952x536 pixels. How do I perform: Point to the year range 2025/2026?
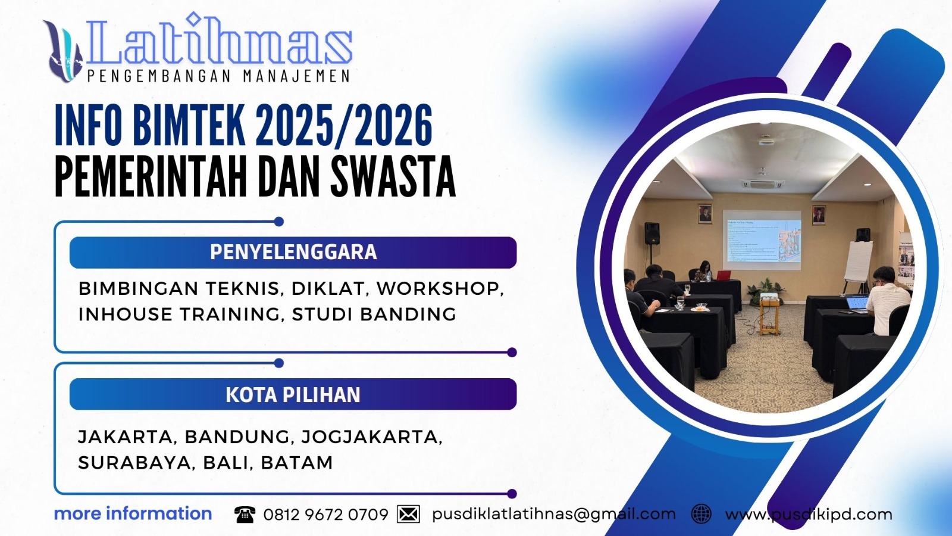(344, 125)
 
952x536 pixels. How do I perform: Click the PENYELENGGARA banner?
(293, 252)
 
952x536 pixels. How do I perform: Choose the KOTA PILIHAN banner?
(293, 394)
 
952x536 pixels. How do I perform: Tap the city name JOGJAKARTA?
(371, 437)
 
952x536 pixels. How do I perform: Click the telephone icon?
(245, 515)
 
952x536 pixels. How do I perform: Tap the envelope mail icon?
(408, 514)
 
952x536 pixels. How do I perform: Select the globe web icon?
(702, 514)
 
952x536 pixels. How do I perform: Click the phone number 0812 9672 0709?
(325, 515)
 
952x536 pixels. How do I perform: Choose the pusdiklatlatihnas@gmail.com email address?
(553, 514)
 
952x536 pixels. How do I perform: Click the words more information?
(133, 513)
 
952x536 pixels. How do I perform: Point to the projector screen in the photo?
(762, 237)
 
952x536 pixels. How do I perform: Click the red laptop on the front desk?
(723, 275)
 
